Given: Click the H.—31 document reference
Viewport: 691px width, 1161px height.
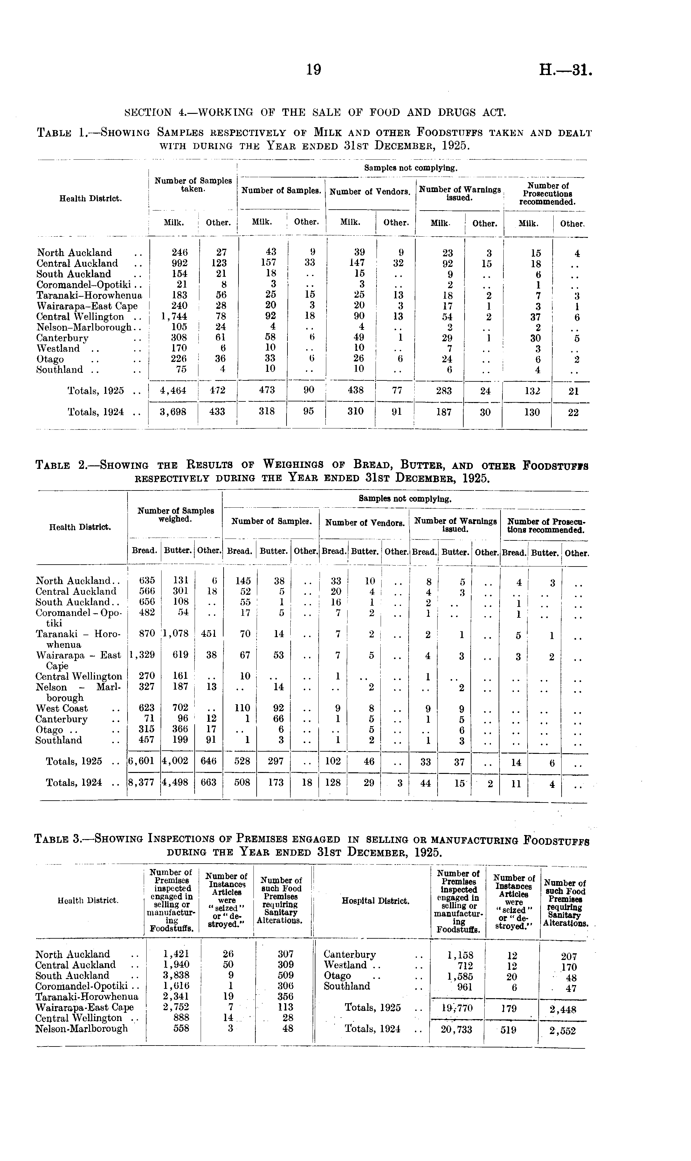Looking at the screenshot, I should (x=566, y=70).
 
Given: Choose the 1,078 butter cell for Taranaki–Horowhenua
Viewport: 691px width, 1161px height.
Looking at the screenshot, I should (x=176, y=634).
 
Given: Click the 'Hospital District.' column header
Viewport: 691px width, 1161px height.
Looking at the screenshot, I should (x=375, y=901).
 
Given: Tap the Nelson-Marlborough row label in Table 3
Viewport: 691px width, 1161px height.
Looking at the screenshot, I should (x=81, y=1028).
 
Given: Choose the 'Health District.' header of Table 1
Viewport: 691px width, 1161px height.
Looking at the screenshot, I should (x=91, y=198).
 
